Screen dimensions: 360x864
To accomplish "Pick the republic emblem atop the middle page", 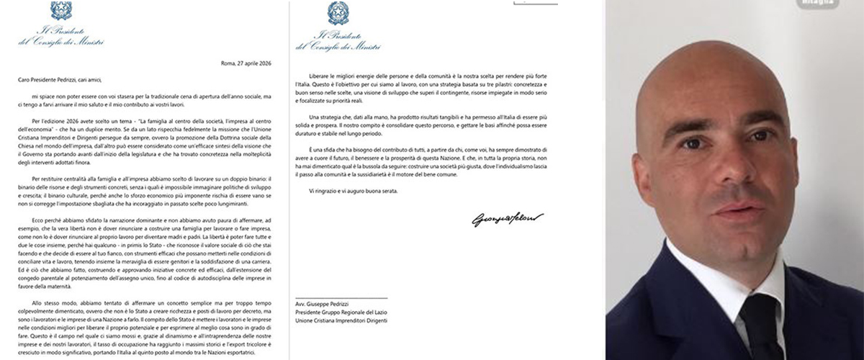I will coord(338,12).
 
